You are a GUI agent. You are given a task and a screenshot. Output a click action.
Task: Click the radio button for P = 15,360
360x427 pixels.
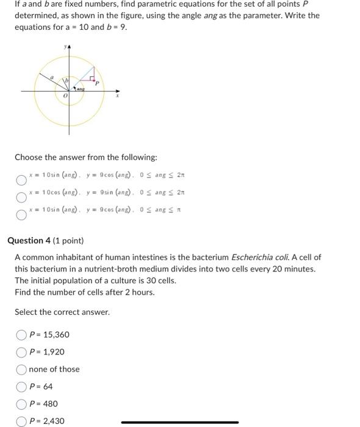tap(22, 335)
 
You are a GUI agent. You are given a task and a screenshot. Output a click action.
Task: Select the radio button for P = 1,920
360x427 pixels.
tap(22, 352)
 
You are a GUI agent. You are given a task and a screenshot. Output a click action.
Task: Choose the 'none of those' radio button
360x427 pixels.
tap(22, 369)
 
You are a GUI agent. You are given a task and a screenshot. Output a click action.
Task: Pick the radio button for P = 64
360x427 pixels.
tap(22, 386)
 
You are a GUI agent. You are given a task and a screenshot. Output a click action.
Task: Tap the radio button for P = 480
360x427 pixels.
tap(22, 404)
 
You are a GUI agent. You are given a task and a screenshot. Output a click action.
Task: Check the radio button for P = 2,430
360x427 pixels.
tap(22, 421)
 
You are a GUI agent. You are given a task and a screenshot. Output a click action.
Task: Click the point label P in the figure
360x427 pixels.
tap(96, 84)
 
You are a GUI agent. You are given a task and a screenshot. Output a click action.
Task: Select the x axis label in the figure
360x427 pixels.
tap(118, 96)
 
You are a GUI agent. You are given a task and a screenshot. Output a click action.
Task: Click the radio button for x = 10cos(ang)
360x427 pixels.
tap(21, 198)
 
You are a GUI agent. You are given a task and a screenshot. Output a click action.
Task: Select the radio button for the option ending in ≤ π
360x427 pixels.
tap(21, 214)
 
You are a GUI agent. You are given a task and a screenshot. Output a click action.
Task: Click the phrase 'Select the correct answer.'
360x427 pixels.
tap(62, 312)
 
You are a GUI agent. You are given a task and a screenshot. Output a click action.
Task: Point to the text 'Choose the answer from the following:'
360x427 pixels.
tap(86, 157)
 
